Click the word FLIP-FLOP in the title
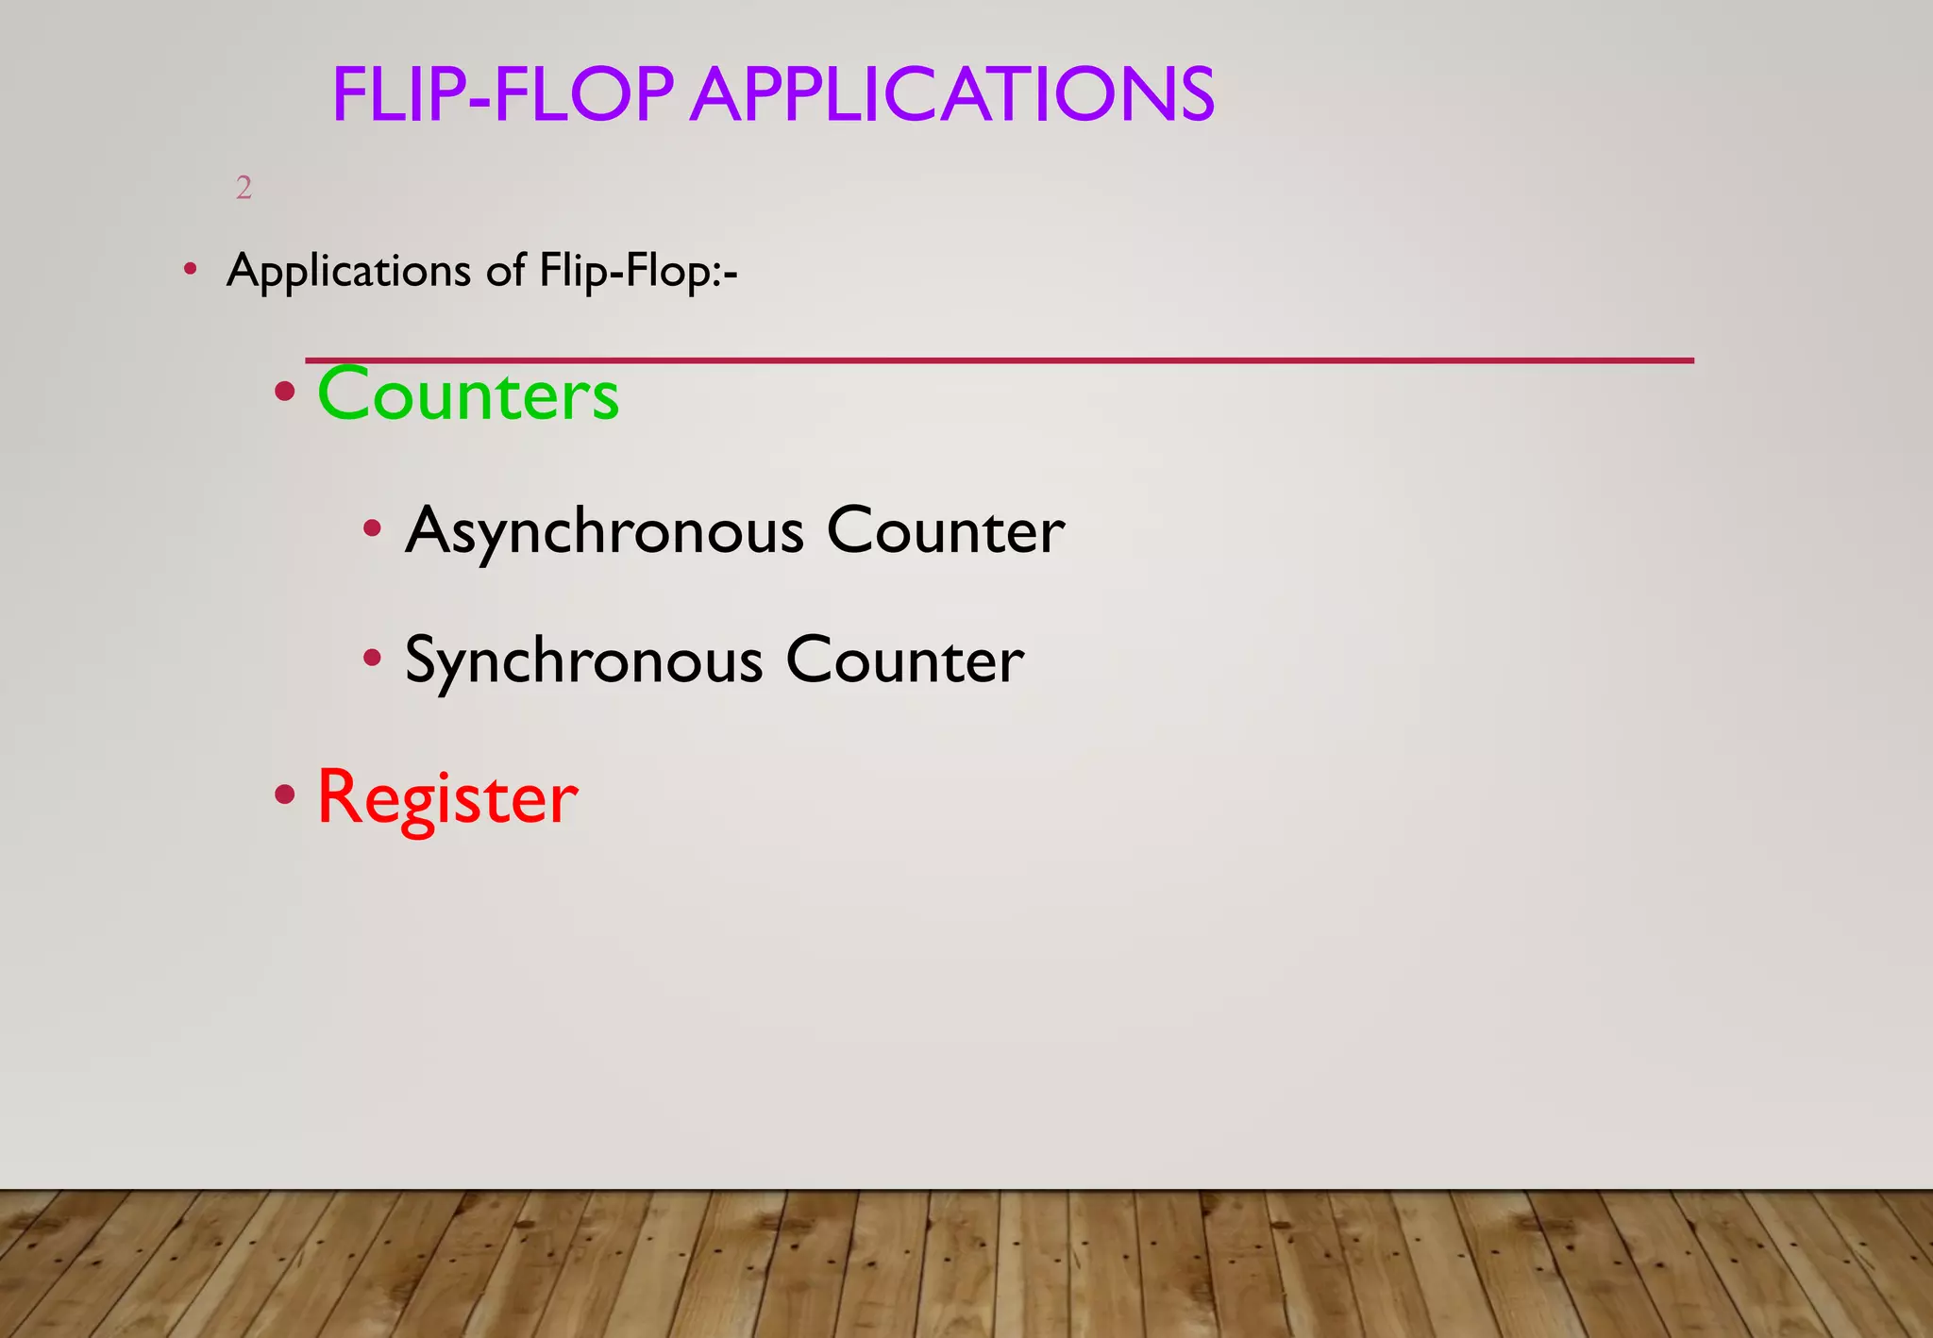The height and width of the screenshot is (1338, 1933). click(x=502, y=95)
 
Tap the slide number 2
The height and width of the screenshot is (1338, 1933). click(x=244, y=188)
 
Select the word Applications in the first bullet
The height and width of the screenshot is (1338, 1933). click(x=348, y=272)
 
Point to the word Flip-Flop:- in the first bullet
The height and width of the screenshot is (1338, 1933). click(x=638, y=272)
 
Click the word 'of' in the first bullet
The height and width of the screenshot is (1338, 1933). click(x=506, y=272)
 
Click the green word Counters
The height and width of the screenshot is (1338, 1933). click(x=468, y=394)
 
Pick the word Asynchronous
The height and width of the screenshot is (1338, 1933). click(x=604, y=531)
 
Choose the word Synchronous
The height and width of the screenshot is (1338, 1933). click(x=583, y=661)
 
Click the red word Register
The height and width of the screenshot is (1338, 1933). click(x=447, y=798)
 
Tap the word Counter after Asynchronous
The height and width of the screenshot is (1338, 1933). click(x=946, y=531)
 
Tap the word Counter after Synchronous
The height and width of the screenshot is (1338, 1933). click(x=904, y=661)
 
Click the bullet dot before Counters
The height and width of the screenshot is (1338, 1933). click(x=284, y=392)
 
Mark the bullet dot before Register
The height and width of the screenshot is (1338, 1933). click(x=284, y=795)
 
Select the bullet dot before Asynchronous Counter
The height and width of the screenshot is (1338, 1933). click(x=373, y=528)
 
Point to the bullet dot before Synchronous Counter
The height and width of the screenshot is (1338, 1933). click(x=373, y=658)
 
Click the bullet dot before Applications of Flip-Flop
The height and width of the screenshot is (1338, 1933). click(x=191, y=270)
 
